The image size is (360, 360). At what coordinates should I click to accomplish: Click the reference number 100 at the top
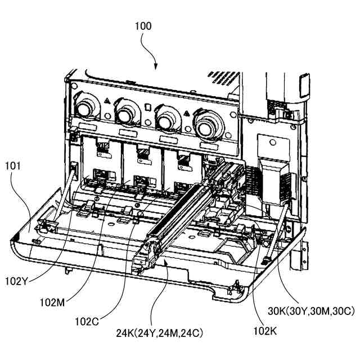point(143,26)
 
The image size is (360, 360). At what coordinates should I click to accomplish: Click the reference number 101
point(13,166)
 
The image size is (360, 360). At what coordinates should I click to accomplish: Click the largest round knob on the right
point(209,120)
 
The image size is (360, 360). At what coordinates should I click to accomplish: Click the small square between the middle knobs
point(147,106)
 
